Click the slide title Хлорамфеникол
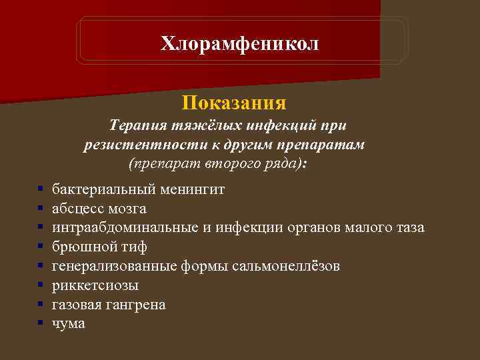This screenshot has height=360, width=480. (240, 44)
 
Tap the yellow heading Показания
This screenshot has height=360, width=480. (234, 103)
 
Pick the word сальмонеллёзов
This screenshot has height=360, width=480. (286, 266)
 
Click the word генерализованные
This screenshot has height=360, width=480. (115, 266)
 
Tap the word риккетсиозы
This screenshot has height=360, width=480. (95, 285)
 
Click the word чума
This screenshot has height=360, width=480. (69, 324)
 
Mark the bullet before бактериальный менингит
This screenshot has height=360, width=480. (41, 190)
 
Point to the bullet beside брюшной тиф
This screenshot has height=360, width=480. (41, 247)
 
